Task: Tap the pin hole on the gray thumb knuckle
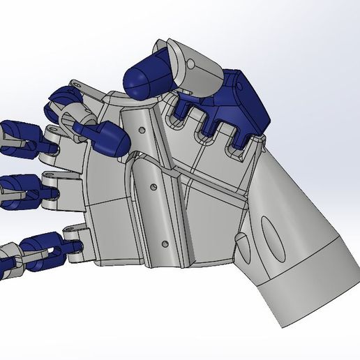coord(190,64)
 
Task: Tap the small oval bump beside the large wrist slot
coord(242,246)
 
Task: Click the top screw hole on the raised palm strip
coord(142,130)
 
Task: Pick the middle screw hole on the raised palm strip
coord(153,186)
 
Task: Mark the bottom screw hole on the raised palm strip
coord(164,243)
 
